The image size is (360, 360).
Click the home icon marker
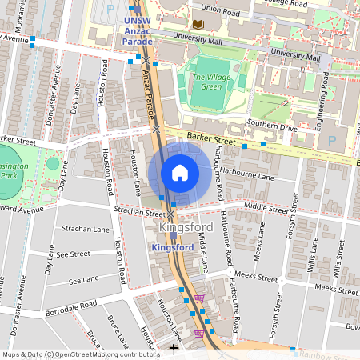180,173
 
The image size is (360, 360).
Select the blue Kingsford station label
173,248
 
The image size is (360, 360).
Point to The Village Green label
206,82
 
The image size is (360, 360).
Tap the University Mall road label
295,56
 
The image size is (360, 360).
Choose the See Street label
74,254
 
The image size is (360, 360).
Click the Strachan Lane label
85,230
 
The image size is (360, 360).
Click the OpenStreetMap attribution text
80,354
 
